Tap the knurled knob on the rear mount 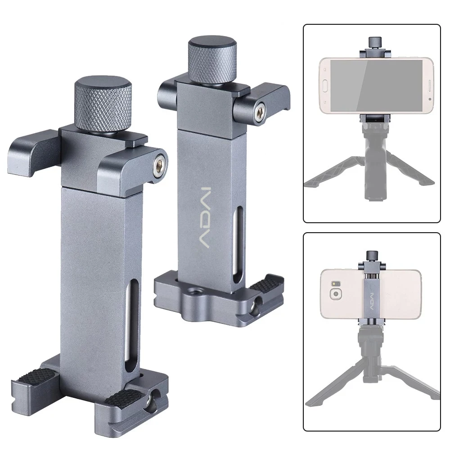(208, 63)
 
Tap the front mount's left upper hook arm (30, 150)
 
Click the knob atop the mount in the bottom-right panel (372, 256)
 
